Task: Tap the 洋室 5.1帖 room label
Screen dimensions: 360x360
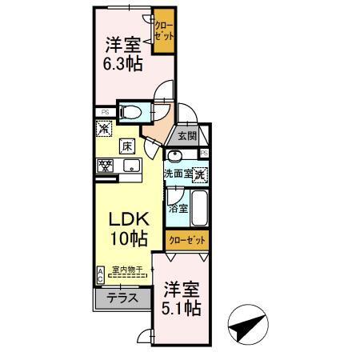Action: click(x=182, y=297)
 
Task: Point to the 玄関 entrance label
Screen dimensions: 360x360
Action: click(x=186, y=137)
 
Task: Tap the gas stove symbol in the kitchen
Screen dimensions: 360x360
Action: click(x=106, y=166)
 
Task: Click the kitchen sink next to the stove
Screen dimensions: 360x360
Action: click(x=130, y=166)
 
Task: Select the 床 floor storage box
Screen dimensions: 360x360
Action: click(x=126, y=146)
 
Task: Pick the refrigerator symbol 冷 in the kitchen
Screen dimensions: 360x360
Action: click(x=103, y=126)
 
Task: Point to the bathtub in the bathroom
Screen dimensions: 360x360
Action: click(x=199, y=208)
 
